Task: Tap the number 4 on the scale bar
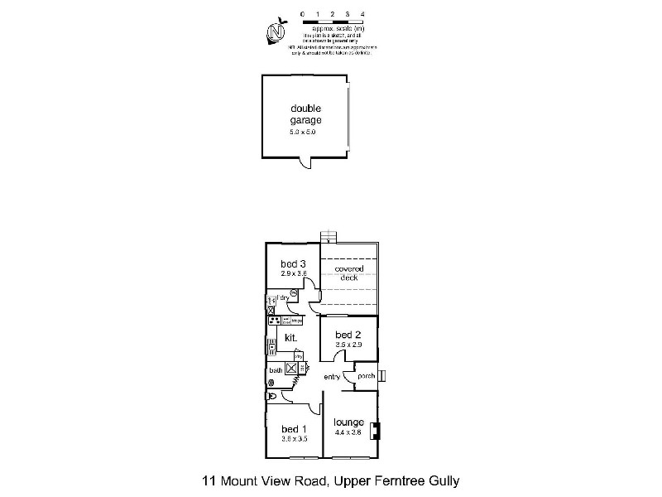tap(363, 15)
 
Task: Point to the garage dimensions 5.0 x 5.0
tap(303, 133)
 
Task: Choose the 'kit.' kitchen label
tap(290, 338)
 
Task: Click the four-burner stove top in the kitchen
tap(273, 320)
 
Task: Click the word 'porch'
tap(366, 376)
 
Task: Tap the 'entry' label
tap(333, 378)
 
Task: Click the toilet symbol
tap(272, 397)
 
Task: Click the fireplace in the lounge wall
tap(375, 431)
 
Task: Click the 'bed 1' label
tap(293, 428)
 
